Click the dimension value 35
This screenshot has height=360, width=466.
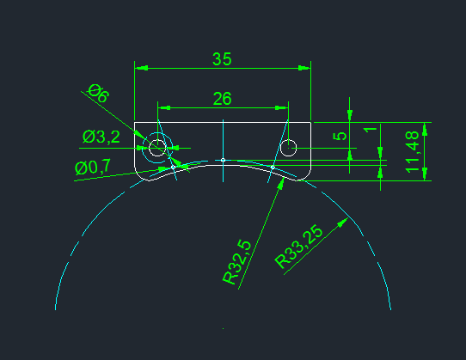[x=222, y=59]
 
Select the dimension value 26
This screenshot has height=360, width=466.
[x=223, y=99]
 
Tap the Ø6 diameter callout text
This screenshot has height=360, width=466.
[x=99, y=94]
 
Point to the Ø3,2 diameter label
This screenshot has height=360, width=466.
[x=101, y=137]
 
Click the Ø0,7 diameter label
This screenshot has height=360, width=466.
[x=93, y=168]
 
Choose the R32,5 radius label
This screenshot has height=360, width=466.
[x=236, y=262]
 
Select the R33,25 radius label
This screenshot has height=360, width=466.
[x=298, y=247]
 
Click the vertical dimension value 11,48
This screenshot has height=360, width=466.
[x=412, y=152]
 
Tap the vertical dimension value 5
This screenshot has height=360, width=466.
[x=340, y=136]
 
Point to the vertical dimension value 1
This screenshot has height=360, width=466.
[x=370, y=130]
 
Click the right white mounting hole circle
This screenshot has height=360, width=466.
[x=288, y=148]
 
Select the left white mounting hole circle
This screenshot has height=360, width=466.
[x=157, y=148]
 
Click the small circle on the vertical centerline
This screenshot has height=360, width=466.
[x=223, y=160]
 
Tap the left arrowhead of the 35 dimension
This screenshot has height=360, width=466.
[x=142, y=68]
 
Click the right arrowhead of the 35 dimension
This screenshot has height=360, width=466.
[x=304, y=68]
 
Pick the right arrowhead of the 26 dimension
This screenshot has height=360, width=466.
[x=281, y=107]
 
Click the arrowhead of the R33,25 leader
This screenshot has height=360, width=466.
[x=343, y=223]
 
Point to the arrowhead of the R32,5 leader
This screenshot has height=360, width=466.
[x=281, y=183]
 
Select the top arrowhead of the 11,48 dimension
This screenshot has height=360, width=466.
[x=425, y=129]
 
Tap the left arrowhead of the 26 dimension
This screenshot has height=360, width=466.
[x=164, y=107]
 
